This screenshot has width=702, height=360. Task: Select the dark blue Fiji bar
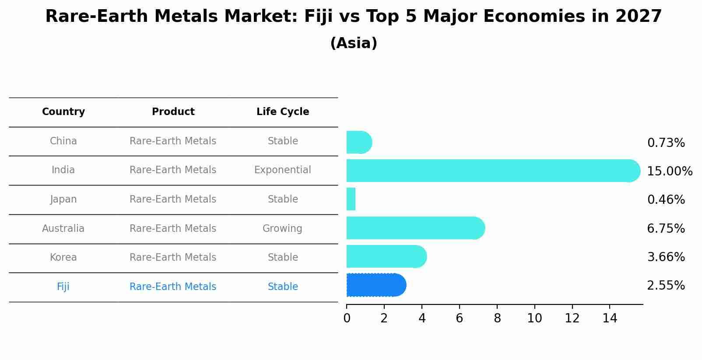[x=376, y=285]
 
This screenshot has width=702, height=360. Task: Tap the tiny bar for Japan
[x=351, y=199]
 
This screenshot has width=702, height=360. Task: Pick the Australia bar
[x=415, y=228]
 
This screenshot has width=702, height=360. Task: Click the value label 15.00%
[x=669, y=171]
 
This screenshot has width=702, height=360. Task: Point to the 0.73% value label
[x=666, y=143]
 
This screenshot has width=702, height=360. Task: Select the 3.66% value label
[x=666, y=257]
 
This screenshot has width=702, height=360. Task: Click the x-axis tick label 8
[x=497, y=318]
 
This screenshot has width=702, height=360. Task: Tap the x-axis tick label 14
[x=610, y=318]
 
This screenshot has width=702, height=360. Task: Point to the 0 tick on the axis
[x=347, y=318]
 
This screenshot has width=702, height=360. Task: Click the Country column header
[x=63, y=112]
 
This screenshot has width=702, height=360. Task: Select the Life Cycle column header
[x=283, y=112]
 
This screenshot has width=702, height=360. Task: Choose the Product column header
[x=173, y=112]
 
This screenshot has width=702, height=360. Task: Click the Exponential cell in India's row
[x=283, y=170]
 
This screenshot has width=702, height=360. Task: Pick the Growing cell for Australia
[x=282, y=229]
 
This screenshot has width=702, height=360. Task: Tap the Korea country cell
[x=63, y=258]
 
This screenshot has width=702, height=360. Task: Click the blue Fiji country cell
[x=63, y=287]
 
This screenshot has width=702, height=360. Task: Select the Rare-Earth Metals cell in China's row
[x=173, y=141]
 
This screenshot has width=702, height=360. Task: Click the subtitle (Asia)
[x=354, y=43]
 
